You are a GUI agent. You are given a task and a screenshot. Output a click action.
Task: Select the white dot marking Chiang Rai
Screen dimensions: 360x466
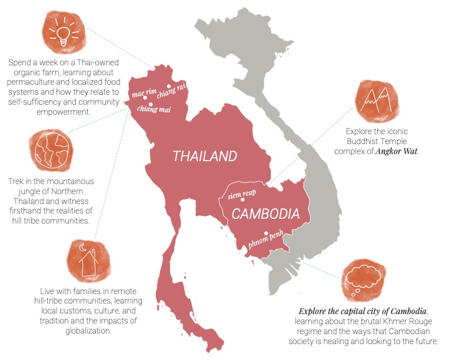click(168, 86)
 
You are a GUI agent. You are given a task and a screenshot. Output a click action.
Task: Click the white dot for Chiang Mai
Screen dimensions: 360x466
click(151, 105)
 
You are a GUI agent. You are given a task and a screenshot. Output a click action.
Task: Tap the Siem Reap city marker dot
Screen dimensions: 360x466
click(243, 200)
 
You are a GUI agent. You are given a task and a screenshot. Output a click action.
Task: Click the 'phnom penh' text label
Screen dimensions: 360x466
click(265, 241)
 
